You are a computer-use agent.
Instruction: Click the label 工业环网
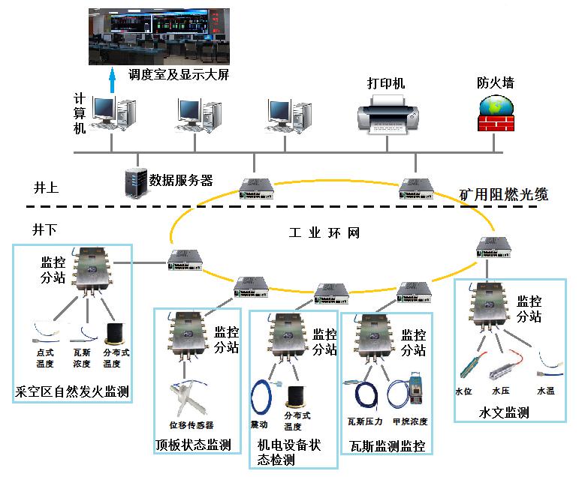[324, 233]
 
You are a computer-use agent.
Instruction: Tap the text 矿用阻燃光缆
[504, 196]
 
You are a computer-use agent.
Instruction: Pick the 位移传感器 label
[191, 425]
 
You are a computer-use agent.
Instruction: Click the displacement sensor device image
[188, 397]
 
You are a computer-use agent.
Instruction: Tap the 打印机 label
[385, 83]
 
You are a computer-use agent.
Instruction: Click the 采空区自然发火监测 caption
[72, 391]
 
